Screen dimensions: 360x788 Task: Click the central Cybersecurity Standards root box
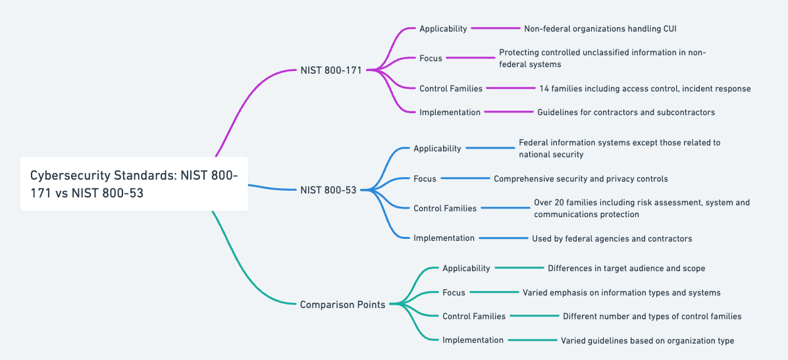(134, 184)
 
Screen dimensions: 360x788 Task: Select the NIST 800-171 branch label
(330, 70)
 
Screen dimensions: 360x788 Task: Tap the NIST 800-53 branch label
(328, 190)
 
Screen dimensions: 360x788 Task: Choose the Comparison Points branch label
(342, 304)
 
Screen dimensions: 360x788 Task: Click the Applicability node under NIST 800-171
(443, 28)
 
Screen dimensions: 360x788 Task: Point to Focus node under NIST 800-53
(425, 178)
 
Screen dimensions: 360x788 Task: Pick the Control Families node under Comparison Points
(474, 317)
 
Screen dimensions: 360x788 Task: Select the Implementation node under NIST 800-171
(450, 113)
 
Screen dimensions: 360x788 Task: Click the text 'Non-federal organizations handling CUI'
(600, 28)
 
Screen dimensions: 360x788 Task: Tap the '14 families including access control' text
(644, 88)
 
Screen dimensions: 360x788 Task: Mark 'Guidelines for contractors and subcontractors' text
(625, 113)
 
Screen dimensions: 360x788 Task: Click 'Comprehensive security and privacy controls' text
(581, 178)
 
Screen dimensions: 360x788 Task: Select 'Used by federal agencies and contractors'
(612, 238)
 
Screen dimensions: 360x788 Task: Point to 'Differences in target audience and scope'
(626, 269)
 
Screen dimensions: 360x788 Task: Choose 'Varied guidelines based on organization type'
(647, 341)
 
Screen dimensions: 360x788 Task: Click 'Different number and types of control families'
(652, 317)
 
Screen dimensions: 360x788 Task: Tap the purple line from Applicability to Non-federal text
(496, 28)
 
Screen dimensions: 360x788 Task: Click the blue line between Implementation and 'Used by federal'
(504, 238)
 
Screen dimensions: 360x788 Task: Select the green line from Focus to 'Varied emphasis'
(494, 292)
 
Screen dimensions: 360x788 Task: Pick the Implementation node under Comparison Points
(473, 340)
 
